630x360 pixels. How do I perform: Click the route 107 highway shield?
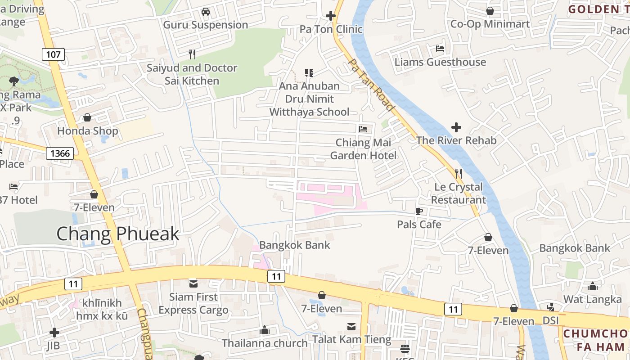coord(53,55)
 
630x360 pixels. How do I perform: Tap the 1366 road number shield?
coord(60,153)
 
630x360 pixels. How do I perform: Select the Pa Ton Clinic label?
coord(331,29)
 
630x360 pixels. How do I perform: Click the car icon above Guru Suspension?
coord(206,12)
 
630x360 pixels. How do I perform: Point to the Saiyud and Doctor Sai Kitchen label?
coord(192,74)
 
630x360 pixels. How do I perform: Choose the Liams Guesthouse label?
coord(440,62)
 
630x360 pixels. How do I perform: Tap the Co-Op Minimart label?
coord(490,24)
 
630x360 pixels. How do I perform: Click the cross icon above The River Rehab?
coord(456,127)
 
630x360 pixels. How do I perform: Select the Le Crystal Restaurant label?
coord(459,193)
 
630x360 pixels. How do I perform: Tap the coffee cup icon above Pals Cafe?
coord(419,211)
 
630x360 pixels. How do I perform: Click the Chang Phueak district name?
coord(118,234)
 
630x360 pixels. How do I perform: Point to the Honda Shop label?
coord(88,131)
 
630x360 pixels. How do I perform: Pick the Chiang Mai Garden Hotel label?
coord(364,149)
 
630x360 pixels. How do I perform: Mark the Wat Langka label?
coord(593,299)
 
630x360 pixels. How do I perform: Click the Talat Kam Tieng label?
coord(352,339)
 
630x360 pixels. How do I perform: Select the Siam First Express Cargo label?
coord(193,303)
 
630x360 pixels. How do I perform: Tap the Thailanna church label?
coord(265,343)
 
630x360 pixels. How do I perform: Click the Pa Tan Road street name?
coord(372,85)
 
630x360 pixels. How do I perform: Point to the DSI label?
coord(550,320)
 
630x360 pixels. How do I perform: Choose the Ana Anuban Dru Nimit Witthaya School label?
coord(309,99)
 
